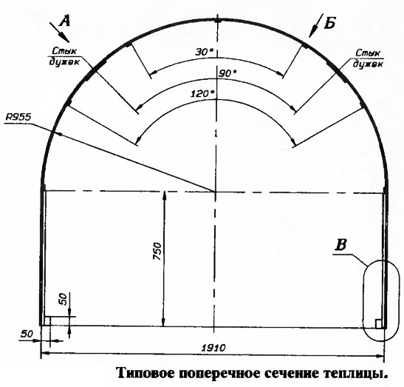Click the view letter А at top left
point(65,21)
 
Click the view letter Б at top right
point(330,24)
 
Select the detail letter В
point(340,245)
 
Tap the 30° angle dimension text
point(205,52)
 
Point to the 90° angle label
point(227,74)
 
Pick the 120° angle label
point(202,94)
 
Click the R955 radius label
point(18,118)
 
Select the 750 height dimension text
point(157,251)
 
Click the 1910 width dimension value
point(213,348)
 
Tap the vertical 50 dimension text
point(63,299)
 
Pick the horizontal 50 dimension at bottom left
point(27,334)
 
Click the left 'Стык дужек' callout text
point(64,56)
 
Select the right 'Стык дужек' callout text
point(368,58)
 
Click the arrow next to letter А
point(60,33)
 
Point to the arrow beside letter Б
point(316,26)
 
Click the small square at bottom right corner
point(378,324)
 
